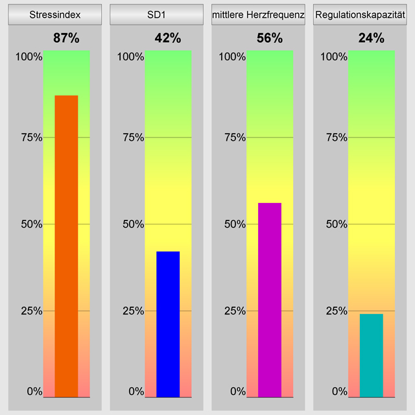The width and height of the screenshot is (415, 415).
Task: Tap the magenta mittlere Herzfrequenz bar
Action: [x=270, y=299]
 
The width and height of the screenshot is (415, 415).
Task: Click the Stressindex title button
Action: [x=55, y=14]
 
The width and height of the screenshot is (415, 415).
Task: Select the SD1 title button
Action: [x=157, y=14]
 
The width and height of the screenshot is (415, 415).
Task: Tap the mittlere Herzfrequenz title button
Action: [x=259, y=14]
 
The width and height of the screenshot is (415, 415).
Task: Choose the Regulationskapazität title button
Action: [x=360, y=14]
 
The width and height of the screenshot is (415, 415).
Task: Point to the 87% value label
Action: [x=66, y=38]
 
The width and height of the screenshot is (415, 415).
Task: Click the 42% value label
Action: [x=168, y=38]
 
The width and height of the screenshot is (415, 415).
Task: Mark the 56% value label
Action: [x=270, y=38]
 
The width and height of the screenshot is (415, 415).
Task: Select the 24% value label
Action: [x=372, y=38]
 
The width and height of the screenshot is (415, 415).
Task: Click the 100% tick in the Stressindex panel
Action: [x=29, y=56]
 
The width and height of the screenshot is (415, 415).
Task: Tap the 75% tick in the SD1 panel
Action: [x=132, y=137]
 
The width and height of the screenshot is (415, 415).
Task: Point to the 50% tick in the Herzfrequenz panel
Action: [x=234, y=224]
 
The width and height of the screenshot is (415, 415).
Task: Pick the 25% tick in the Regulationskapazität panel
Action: [x=336, y=311]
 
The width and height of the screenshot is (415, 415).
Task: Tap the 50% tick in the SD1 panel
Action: [x=132, y=224]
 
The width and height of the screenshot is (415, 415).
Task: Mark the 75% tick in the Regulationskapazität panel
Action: [x=336, y=137]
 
